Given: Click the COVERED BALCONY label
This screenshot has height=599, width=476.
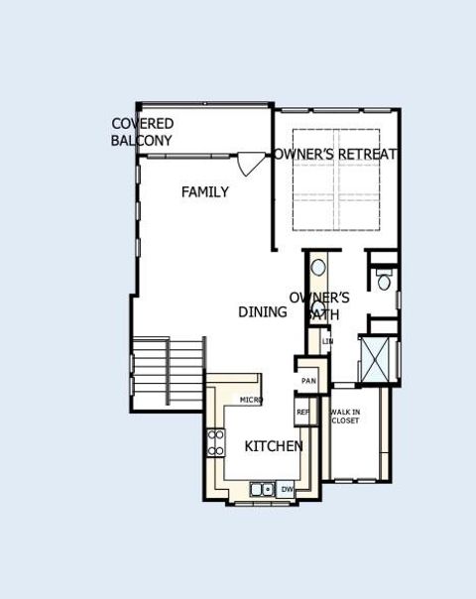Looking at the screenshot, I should click(x=143, y=132).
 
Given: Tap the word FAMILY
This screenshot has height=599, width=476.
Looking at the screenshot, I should click(x=205, y=191).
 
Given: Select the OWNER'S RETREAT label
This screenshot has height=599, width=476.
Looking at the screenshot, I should click(x=336, y=154).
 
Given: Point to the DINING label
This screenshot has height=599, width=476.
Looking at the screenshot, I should click(x=263, y=311).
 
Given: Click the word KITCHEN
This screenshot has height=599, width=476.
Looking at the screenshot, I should click(x=274, y=446).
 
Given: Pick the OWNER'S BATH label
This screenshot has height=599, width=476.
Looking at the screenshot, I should click(x=319, y=304).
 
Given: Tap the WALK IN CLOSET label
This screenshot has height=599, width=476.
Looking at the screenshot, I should click(x=345, y=416).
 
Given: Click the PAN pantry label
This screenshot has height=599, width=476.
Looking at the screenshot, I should click(x=308, y=380).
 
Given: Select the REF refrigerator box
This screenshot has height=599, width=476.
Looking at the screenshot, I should click(x=303, y=412).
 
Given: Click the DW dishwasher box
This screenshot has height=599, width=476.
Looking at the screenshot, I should click(x=287, y=489).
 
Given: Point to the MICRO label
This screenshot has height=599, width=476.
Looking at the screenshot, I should click(x=251, y=399).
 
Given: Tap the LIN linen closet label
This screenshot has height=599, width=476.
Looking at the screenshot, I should click(x=327, y=342).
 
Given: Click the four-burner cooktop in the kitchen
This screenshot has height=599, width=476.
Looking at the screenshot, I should click(x=215, y=442).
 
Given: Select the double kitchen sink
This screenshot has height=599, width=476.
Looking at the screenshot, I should click(x=263, y=489).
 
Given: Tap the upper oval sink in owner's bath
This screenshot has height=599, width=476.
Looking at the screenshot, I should click(x=318, y=268).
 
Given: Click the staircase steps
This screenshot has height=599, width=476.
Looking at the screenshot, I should click(x=168, y=371).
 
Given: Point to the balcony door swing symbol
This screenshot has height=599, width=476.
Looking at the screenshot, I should click(x=252, y=162).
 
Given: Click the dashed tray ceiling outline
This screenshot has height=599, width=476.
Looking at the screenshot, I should click(x=336, y=178).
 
